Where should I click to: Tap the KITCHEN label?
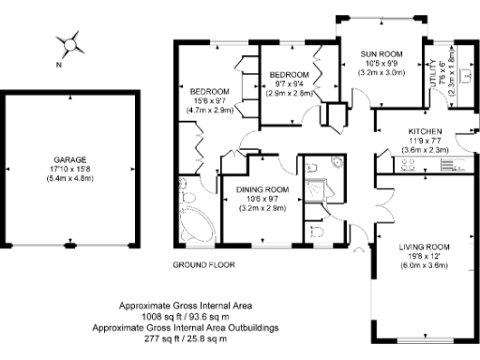click(425, 131)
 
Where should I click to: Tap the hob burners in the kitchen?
click(410, 166)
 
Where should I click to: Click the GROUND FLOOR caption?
click(202, 265)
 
